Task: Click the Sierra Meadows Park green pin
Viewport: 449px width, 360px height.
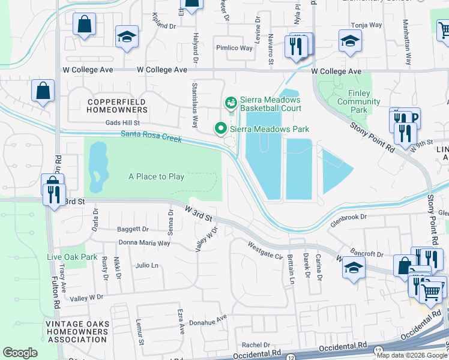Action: tap(220, 128)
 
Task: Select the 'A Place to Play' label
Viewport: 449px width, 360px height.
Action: tap(156, 176)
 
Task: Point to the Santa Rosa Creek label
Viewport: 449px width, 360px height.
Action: tap(151, 137)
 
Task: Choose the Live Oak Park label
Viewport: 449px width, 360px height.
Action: tap(72, 257)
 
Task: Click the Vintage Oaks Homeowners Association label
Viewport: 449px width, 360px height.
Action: tap(77, 331)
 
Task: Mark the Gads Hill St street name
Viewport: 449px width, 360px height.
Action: tap(122, 122)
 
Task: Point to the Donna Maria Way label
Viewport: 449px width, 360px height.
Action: tap(144, 243)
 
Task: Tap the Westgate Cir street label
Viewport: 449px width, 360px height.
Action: tap(265, 250)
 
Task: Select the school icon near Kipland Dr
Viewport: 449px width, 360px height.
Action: tap(127, 37)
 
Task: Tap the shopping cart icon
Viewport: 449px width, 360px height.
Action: tap(431, 292)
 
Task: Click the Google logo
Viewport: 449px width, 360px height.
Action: tap(20, 353)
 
